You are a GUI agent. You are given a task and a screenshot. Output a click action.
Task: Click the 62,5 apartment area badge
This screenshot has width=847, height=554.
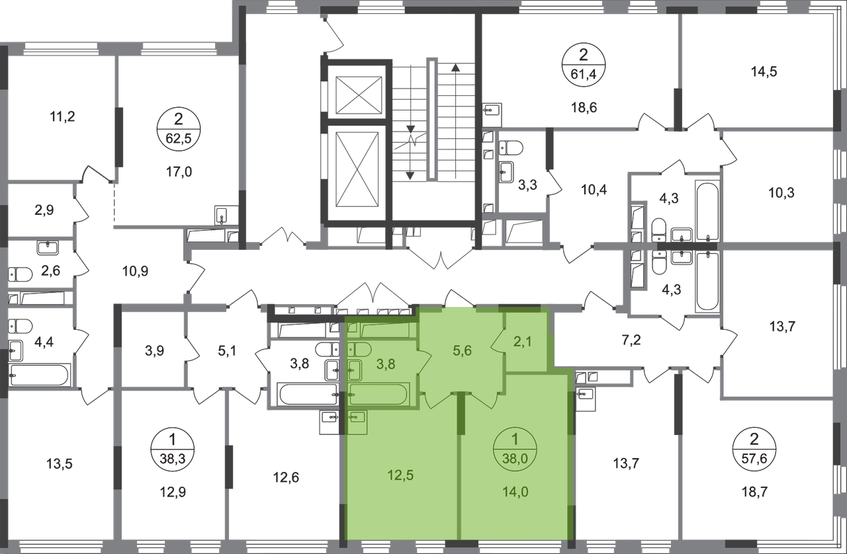click(x=179, y=129)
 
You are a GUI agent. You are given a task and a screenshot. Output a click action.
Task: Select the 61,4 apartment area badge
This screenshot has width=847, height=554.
click(x=584, y=65)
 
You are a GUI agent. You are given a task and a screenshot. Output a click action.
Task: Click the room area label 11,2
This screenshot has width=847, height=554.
click(x=62, y=117)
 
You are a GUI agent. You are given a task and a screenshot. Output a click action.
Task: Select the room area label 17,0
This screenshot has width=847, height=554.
click(x=179, y=173)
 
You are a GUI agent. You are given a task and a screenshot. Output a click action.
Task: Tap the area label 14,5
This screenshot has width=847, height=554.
click(x=764, y=72)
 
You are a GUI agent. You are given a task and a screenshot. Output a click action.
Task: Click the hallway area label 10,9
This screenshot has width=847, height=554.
click(x=136, y=271)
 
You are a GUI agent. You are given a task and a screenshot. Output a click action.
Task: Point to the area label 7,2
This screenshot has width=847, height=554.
click(x=631, y=340)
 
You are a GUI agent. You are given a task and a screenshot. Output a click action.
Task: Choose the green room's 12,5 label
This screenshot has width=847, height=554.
click(x=400, y=475)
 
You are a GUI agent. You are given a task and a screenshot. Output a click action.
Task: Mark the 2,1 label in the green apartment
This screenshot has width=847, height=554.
click(x=523, y=342)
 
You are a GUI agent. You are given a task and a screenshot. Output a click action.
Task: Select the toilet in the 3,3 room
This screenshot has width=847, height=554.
click(x=511, y=148)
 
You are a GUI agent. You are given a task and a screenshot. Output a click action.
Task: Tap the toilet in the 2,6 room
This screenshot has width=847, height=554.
click(x=20, y=274)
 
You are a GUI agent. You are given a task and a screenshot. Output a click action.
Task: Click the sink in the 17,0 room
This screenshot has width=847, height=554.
click(x=222, y=216)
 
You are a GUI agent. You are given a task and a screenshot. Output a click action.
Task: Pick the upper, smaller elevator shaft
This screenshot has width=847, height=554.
click(x=359, y=95)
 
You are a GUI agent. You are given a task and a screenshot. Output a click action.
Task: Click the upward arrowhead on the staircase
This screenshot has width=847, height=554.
click(x=455, y=68)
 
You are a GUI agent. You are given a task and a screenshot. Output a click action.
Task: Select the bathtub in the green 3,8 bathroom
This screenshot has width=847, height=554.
click(x=379, y=394)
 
